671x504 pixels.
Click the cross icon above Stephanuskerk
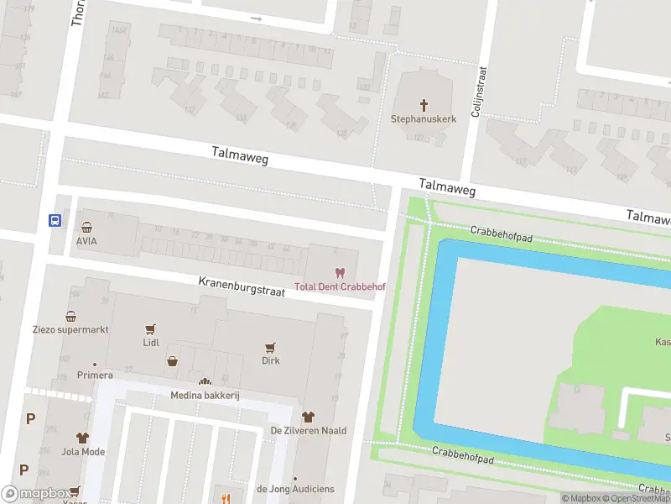pos(424,105)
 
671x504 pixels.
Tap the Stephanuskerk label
pos(424,119)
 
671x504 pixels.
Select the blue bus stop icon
pos(55,221)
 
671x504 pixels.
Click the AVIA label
pos(86,240)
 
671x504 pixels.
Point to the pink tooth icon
pos(340,273)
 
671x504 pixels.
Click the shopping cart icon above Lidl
pos(151,330)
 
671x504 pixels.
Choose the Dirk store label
pos(270,360)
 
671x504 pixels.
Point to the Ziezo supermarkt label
pos(71,329)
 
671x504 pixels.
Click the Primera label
pos(95,375)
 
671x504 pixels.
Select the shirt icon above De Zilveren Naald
pos(308,417)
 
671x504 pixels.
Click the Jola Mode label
pos(82,451)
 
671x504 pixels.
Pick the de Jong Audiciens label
pos(295,489)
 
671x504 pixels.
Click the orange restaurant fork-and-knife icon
pos(225,496)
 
